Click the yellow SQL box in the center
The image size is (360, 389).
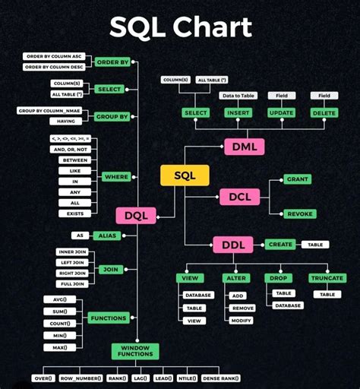coord(185,176)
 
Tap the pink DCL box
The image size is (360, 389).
coord(239,197)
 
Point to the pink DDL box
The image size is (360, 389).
coord(232,245)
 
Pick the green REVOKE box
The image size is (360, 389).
coord(298,214)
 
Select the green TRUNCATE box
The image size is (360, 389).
coord(328,279)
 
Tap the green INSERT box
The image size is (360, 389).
coord(238,113)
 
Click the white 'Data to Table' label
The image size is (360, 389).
coord(238,95)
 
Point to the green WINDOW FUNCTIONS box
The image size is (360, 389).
coord(135,351)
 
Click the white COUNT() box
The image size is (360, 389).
coord(60,323)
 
